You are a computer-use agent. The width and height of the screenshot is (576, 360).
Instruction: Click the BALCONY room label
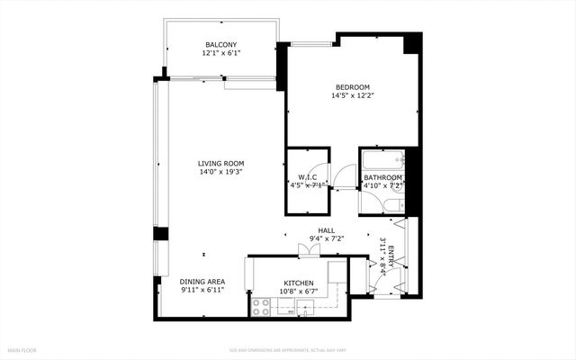click(x=220, y=44)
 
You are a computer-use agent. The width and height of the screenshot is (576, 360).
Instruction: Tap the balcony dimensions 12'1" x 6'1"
click(x=220, y=53)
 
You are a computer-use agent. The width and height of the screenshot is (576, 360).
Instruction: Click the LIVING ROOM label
click(x=221, y=164)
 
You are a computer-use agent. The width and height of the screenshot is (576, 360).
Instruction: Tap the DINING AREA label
click(x=202, y=281)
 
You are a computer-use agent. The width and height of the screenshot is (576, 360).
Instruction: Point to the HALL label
click(x=326, y=230)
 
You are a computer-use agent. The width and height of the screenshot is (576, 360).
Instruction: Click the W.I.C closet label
click(x=306, y=177)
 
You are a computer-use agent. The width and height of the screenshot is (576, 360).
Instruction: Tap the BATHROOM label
click(x=382, y=178)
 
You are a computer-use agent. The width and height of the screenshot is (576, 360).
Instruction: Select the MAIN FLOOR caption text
click(x=23, y=349)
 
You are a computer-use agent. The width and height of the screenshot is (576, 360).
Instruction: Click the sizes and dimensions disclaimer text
click(x=287, y=349)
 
